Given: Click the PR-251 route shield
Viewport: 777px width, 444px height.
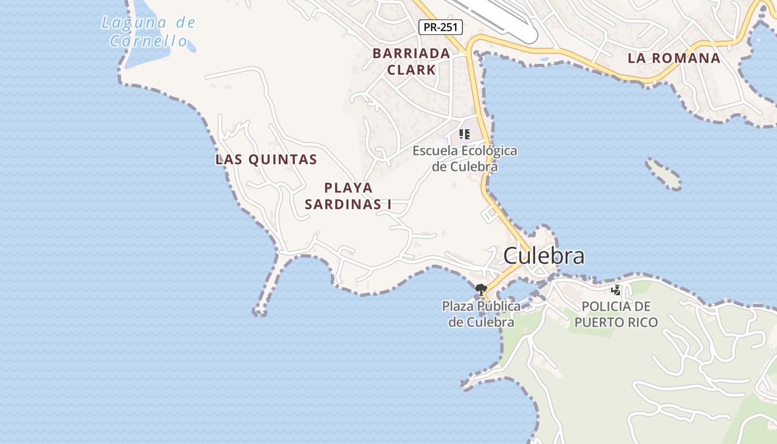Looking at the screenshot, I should click(x=441, y=27).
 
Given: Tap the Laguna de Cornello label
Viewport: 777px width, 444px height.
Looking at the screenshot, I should click(x=148, y=32).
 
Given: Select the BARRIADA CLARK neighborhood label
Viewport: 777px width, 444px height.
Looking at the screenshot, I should click(x=411, y=61).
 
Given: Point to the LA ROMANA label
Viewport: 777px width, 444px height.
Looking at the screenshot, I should click(x=674, y=58).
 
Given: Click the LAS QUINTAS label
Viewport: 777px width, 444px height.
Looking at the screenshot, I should click(x=266, y=160).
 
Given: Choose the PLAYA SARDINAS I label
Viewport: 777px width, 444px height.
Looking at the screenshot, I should click(x=348, y=196).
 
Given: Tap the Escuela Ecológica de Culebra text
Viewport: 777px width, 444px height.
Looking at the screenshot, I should click(x=465, y=158).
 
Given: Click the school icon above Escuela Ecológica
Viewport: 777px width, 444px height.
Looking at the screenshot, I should click(x=465, y=134).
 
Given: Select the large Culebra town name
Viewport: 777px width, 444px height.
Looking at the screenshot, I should click(x=543, y=256).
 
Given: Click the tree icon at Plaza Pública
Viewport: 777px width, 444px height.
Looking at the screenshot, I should click(x=481, y=289).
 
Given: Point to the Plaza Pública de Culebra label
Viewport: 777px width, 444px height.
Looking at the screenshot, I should click(x=481, y=314).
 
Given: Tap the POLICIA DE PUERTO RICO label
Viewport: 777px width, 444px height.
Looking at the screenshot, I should click(x=615, y=314).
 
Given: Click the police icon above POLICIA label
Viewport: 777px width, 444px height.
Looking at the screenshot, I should click(x=615, y=289).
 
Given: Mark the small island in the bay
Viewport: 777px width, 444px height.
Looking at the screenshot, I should click(x=664, y=174).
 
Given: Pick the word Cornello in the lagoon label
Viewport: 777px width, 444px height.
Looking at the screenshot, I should click(x=148, y=41).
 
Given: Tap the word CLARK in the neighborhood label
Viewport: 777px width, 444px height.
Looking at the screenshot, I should click(x=411, y=70).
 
